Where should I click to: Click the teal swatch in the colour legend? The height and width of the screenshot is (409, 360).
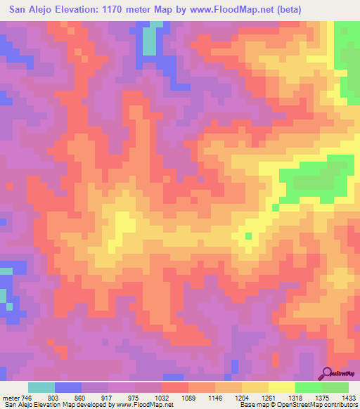tap(41, 387)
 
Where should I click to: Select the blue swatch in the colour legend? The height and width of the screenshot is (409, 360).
tap(68, 387)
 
